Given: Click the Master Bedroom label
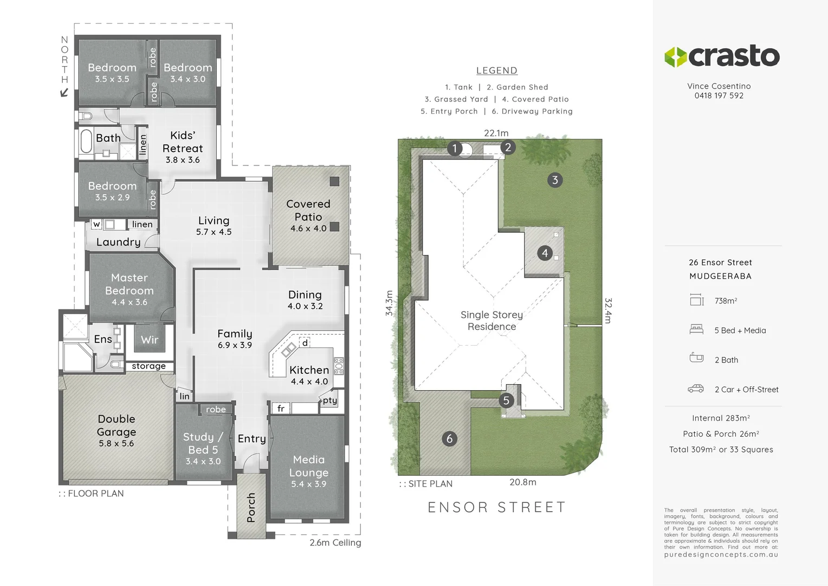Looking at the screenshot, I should (130, 284).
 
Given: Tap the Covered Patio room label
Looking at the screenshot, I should (308, 210).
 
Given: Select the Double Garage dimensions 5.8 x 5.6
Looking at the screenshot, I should (117, 443).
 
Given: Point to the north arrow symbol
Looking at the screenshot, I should (64, 93).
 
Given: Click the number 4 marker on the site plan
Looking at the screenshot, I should (545, 253).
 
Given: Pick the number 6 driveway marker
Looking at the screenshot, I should (449, 438).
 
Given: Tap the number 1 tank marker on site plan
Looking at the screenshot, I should (455, 148).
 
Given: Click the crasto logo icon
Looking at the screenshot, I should (676, 57).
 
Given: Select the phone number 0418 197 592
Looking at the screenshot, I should (719, 95).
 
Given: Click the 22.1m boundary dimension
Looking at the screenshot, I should (496, 133).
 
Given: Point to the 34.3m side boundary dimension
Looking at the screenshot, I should (389, 303).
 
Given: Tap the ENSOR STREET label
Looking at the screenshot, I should (497, 507).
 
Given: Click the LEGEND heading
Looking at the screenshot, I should (497, 71).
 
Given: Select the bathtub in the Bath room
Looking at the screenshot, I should (86, 142).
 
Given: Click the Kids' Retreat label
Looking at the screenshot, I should (183, 142).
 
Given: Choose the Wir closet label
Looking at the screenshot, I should (150, 340).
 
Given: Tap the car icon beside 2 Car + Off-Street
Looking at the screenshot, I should (696, 388).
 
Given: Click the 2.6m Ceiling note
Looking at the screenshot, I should (335, 543).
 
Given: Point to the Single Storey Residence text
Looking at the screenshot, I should (492, 321).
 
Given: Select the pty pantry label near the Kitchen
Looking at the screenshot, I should (330, 400).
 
